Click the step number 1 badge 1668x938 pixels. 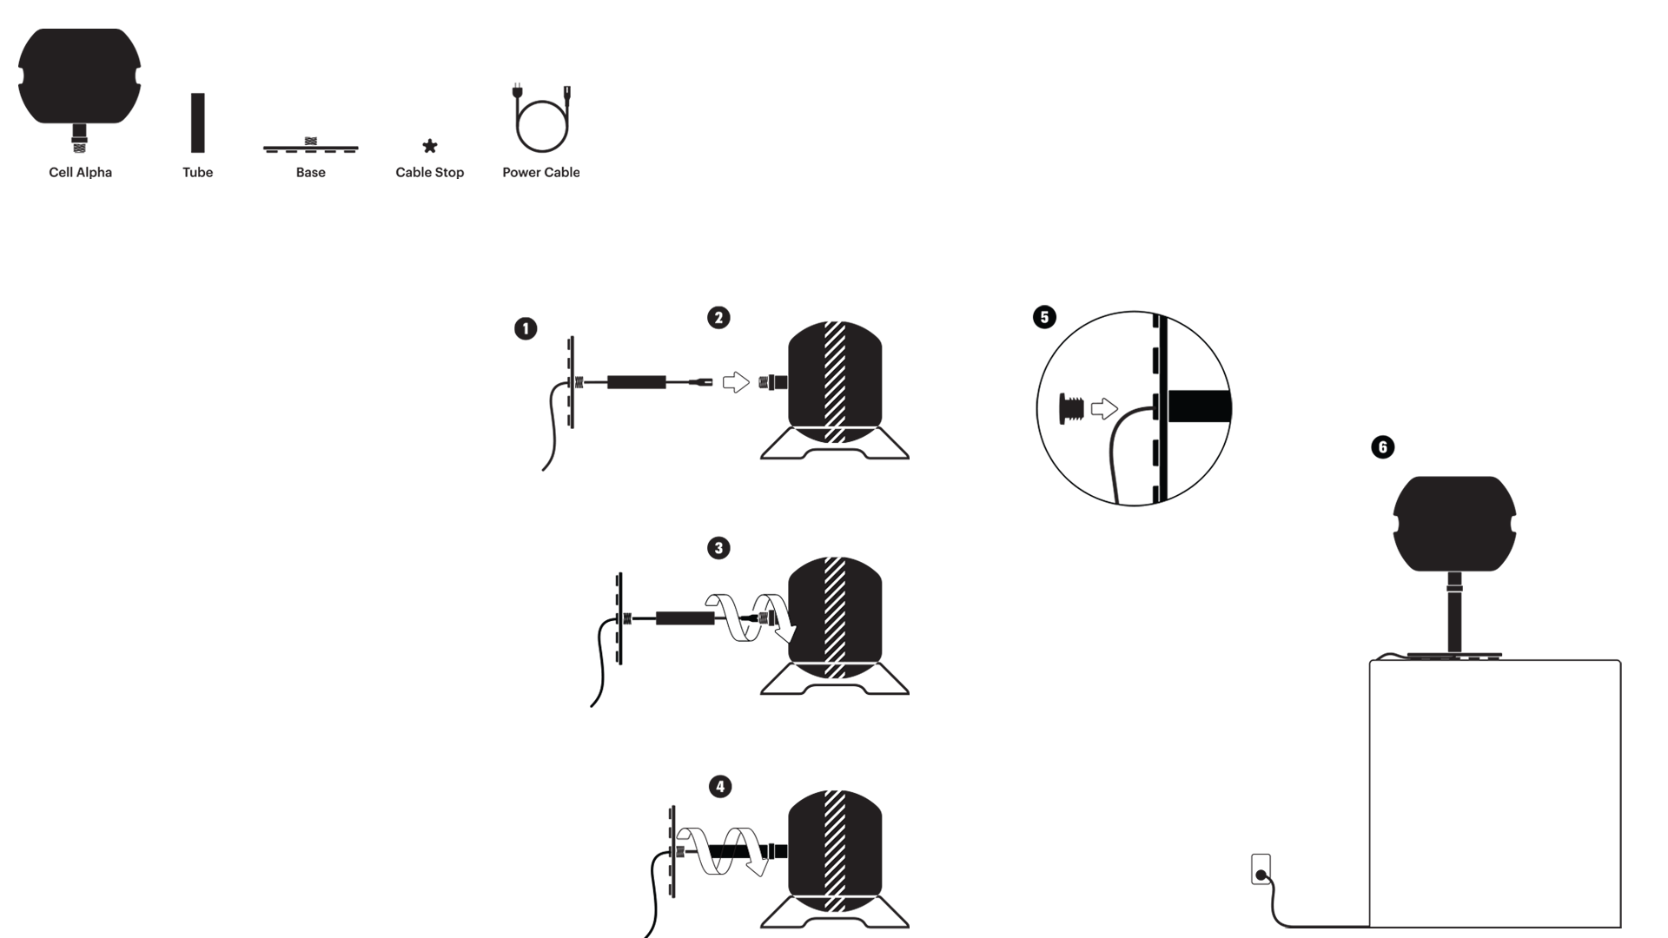(x=526, y=328)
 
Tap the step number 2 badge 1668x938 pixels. (x=718, y=318)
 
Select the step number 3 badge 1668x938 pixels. (x=718, y=548)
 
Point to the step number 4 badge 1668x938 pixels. (x=720, y=787)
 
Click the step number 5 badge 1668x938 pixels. (x=1044, y=317)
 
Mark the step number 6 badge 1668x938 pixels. (x=1382, y=447)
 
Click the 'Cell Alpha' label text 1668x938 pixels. (x=80, y=172)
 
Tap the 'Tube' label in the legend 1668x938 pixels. (x=198, y=172)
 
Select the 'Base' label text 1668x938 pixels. (x=311, y=172)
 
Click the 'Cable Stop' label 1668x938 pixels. (x=430, y=172)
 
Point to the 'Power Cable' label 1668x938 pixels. (x=540, y=172)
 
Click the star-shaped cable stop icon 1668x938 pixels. (x=430, y=146)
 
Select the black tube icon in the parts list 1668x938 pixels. (x=198, y=122)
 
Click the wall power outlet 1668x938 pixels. (x=1261, y=869)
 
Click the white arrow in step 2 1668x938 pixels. (x=736, y=382)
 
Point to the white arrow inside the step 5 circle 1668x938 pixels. (x=1104, y=408)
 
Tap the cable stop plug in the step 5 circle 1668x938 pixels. (x=1071, y=408)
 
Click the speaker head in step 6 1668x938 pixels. (x=1454, y=524)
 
